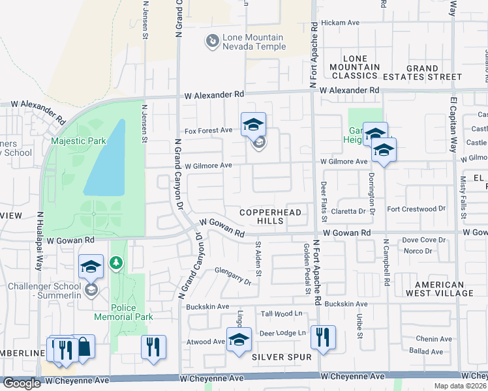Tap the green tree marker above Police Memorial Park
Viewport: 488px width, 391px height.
point(116,263)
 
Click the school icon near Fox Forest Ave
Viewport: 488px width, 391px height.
point(254,124)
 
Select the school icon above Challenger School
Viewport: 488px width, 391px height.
point(91,266)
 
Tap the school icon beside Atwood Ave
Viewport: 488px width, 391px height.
point(239,339)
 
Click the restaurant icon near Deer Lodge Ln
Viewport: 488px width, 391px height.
point(323,337)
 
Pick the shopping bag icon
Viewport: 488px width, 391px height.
point(84,347)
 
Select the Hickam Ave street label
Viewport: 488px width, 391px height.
point(345,22)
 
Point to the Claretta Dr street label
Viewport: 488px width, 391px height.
point(348,211)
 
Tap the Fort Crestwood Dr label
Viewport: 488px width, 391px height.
point(416,209)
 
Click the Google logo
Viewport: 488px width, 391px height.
point(22,383)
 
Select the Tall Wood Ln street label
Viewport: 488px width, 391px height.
point(283,314)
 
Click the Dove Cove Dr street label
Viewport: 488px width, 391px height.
point(423,240)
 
